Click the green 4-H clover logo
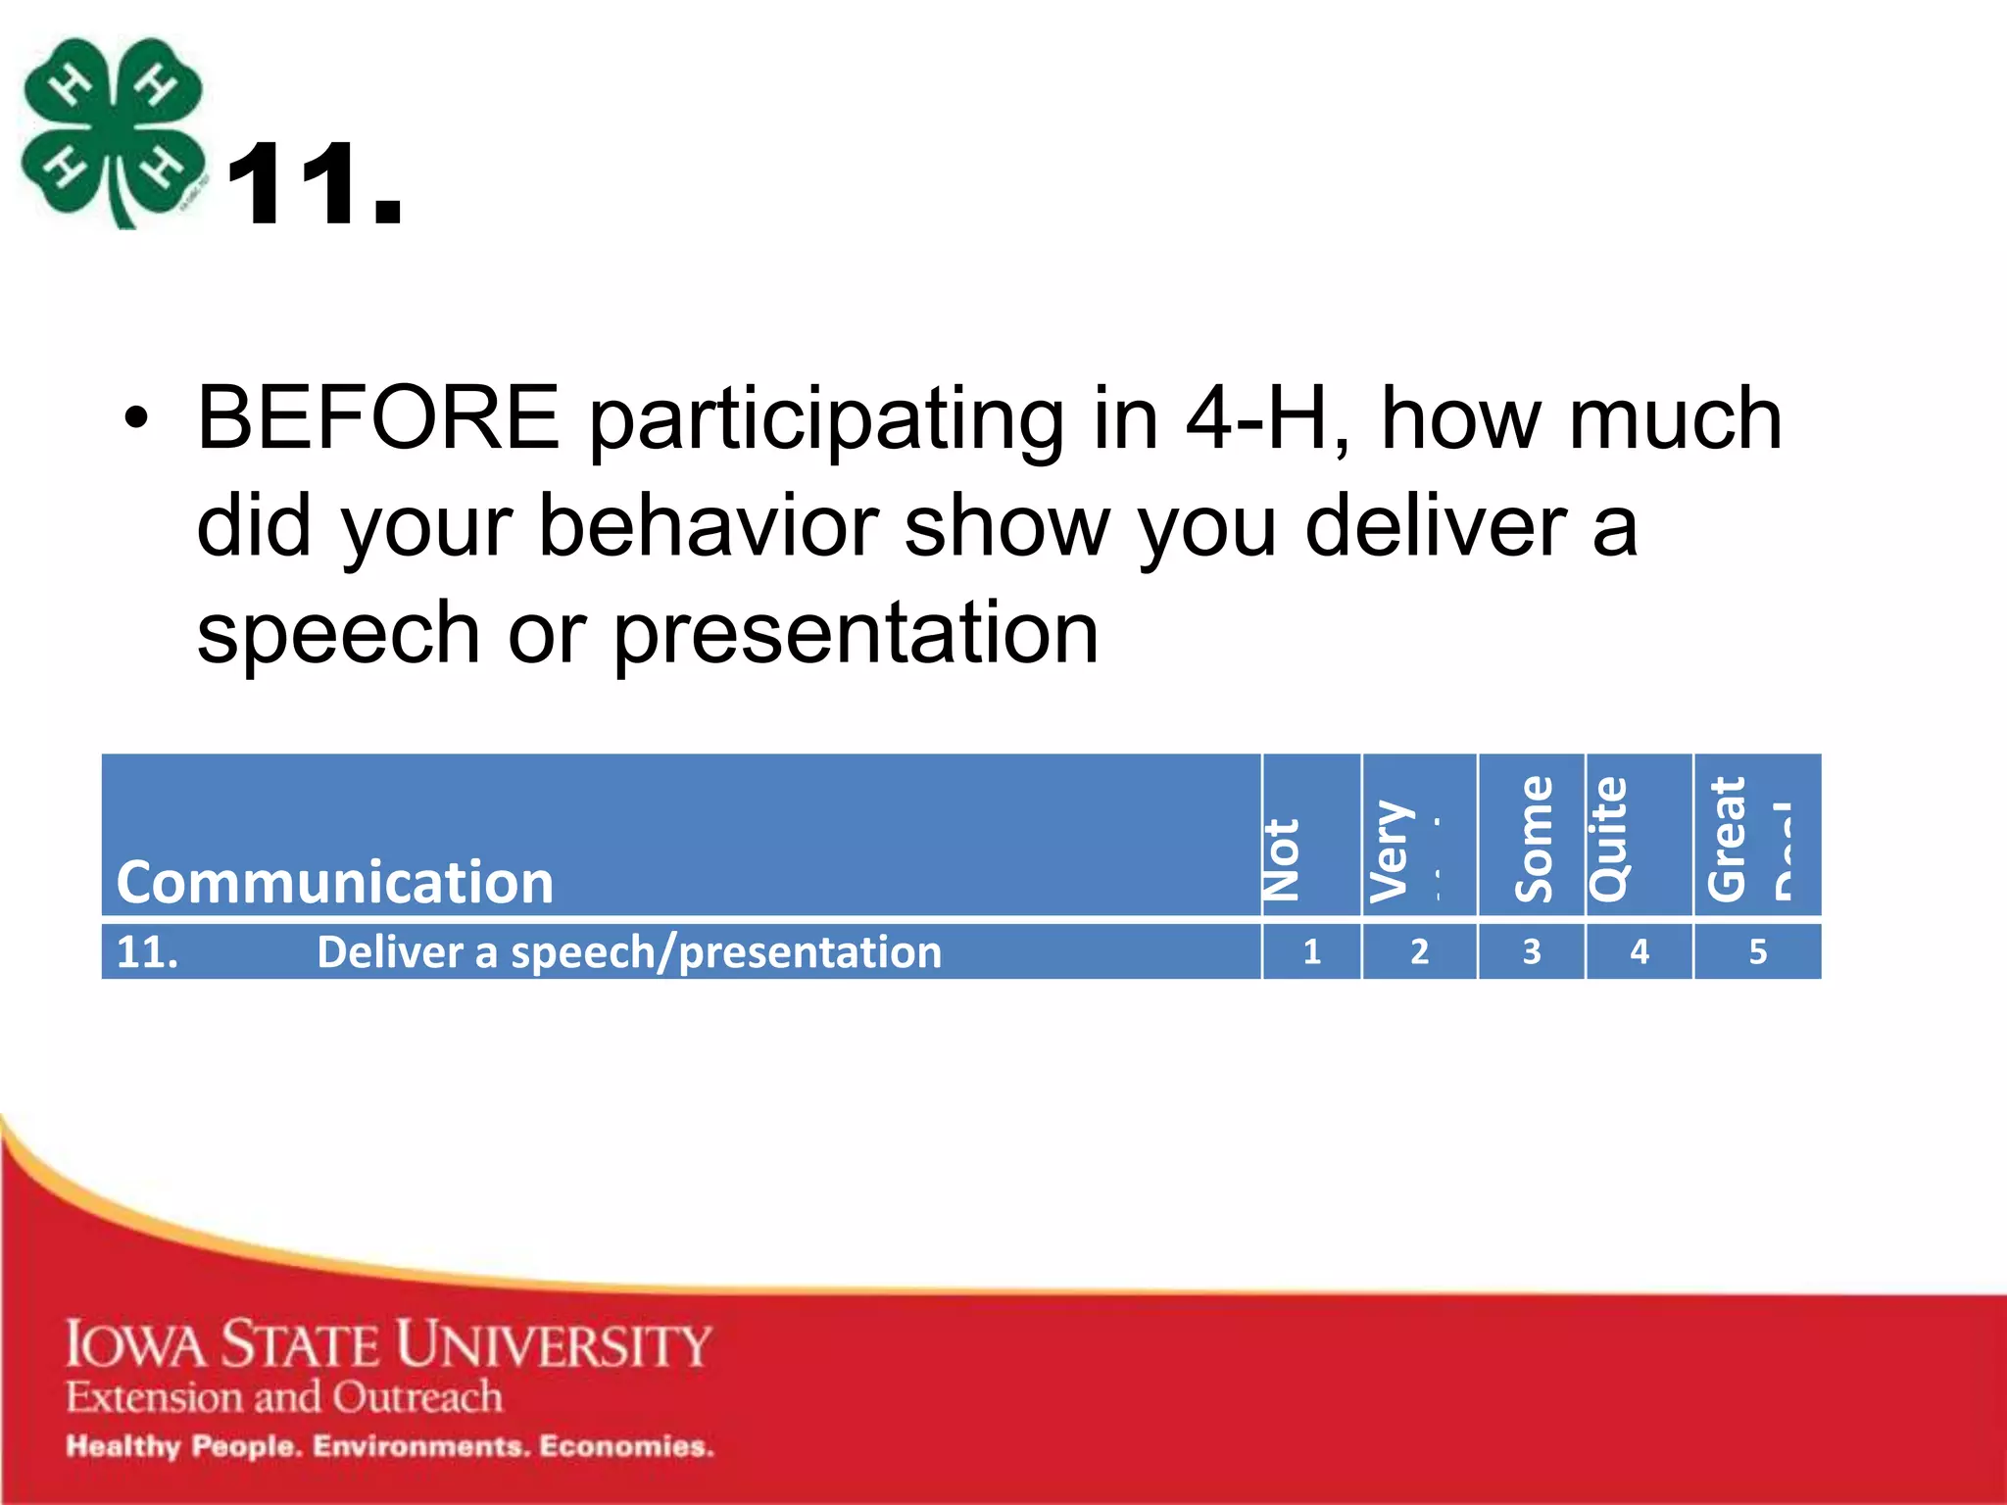click(x=113, y=132)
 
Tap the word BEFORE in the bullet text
click(x=378, y=418)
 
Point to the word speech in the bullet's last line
click(x=338, y=633)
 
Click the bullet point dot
click(x=136, y=419)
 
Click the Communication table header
click(x=335, y=881)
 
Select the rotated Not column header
click(x=1282, y=859)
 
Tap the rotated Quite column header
click(x=1608, y=839)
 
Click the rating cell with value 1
click(x=1311, y=951)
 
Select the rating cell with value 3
click(x=1531, y=951)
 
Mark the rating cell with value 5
click(x=1757, y=951)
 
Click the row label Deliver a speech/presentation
click(x=628, y=952)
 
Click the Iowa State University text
click(x=388, y=1344)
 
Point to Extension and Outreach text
click(x=284, y=1396)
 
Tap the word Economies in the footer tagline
click(x=626, y=1446)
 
